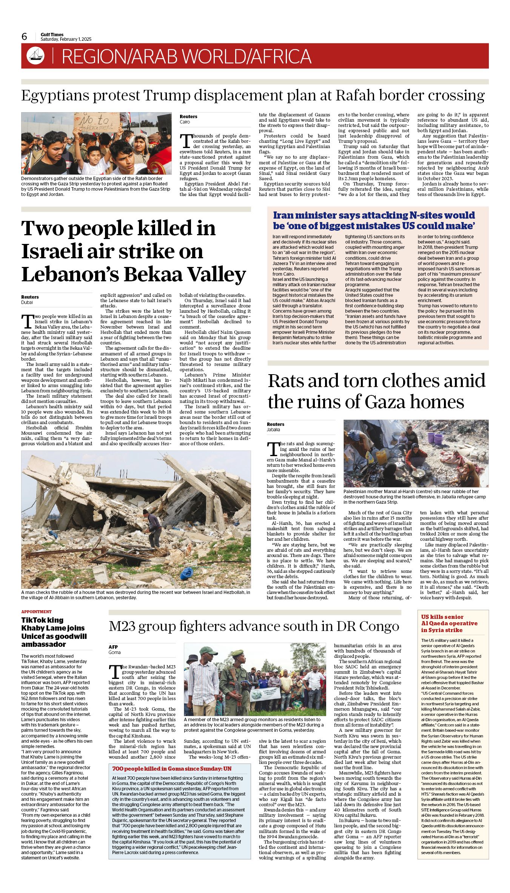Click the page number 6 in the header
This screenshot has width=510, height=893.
pos(25,37)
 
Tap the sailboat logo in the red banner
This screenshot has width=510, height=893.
pos(35,56)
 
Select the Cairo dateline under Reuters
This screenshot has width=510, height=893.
pos(185,122)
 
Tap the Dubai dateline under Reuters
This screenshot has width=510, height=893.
pos(27,302)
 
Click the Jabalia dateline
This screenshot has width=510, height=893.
pos(274,430)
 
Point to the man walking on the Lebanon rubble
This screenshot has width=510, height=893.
pos(153,526)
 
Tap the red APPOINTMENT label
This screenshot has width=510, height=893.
pos(36,612)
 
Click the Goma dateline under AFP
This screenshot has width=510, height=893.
pos(115,652)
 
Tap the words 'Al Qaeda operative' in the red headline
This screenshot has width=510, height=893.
pos(449,623)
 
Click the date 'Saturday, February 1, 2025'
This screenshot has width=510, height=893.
pos(66,39)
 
